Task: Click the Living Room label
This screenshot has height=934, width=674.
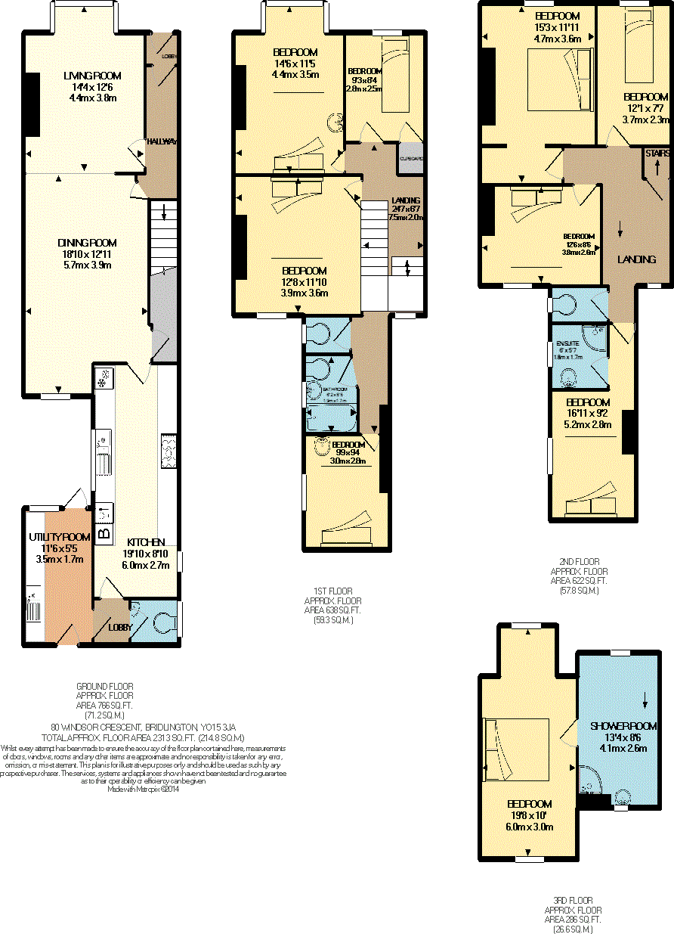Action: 91,76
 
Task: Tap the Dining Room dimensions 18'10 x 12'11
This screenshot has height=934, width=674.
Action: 88,254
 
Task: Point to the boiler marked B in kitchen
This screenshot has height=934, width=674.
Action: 104,532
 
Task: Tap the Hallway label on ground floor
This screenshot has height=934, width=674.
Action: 161,141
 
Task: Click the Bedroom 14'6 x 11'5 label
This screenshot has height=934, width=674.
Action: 296,52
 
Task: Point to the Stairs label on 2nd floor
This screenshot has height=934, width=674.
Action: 657,154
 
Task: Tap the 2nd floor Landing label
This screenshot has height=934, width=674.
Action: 636,259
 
